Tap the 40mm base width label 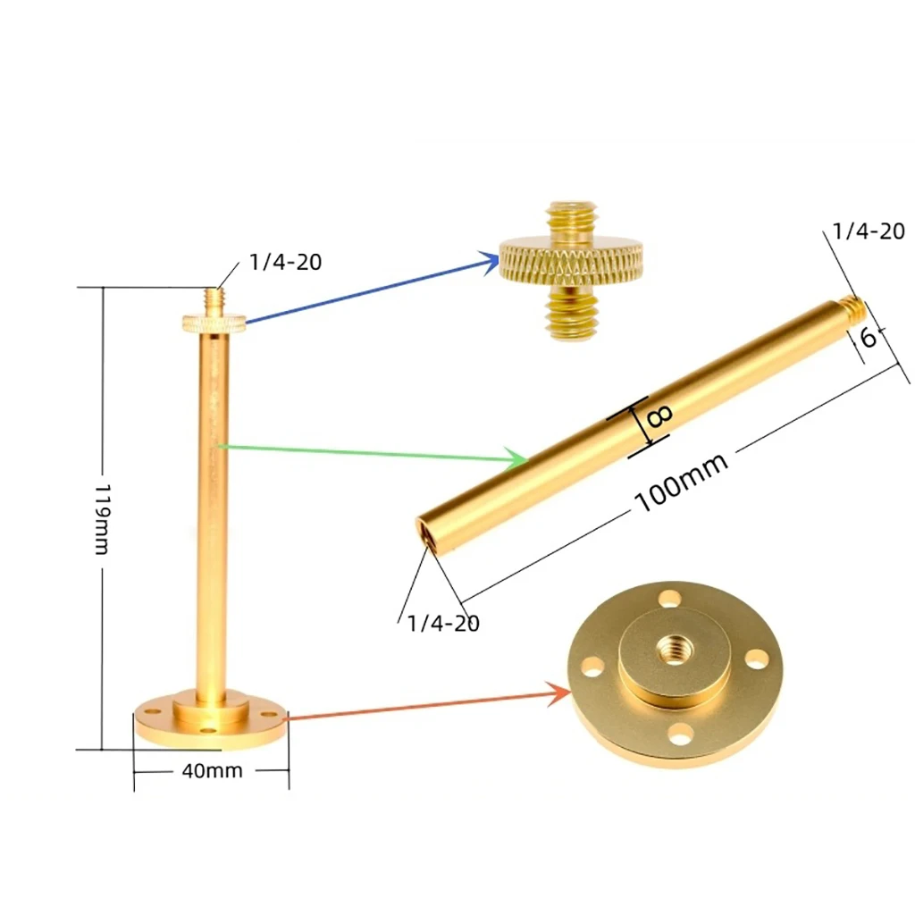click(x=212, y=770)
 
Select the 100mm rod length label click(x=681, y=482)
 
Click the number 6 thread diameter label click(x=868, y=337)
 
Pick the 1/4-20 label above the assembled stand click(x=285, y=262)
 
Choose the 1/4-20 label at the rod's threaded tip click(x=869, y=231)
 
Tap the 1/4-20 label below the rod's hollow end click(x=443, y=623)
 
